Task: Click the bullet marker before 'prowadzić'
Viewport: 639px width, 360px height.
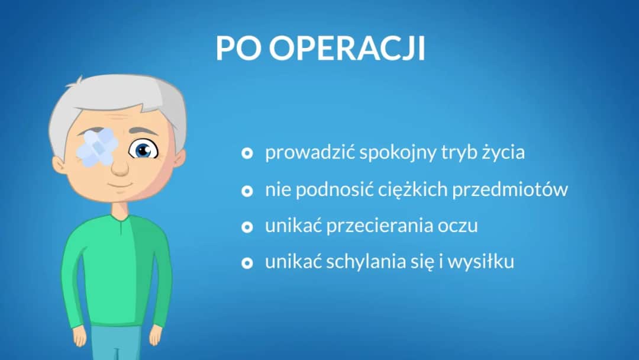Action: pyautogui.click(x=247, y=154)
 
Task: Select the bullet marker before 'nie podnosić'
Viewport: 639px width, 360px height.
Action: pyautogui.click(x=247, y=191)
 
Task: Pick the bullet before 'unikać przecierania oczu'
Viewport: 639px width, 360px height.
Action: pyautogui.click(x=247, y=227)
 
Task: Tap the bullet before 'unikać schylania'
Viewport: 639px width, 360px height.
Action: pyautogui.click(x=247, y=263)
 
